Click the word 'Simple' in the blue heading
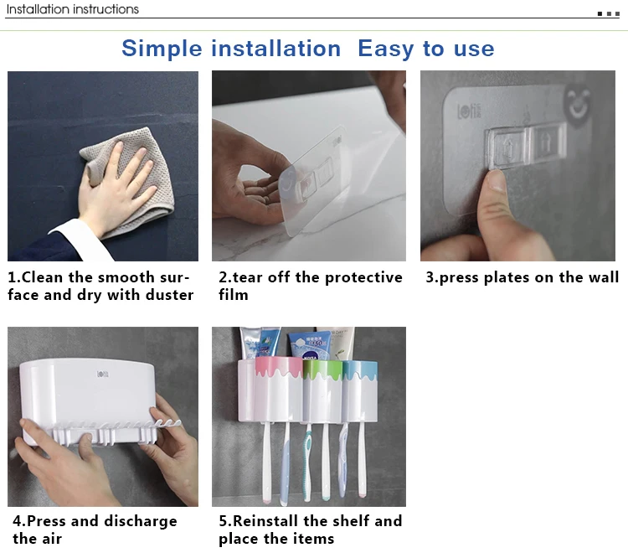162,49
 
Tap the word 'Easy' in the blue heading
386,49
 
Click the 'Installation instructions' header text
73,9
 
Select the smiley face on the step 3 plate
577,103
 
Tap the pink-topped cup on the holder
279,389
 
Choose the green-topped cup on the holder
323,390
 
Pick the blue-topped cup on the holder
360,390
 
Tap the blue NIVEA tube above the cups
309,344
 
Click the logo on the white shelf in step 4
102,374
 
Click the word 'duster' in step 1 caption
169,295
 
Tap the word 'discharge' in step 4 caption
140,521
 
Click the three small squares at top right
609,13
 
